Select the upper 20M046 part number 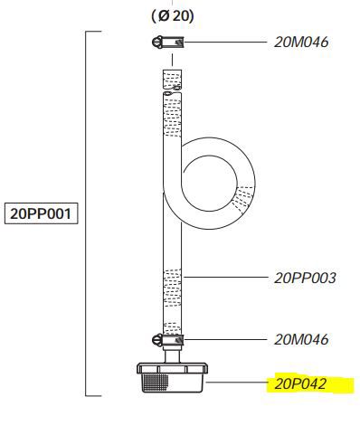(302, 42)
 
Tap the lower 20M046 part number (302, 339)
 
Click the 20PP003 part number (306, 278)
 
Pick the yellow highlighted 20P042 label (301, 383)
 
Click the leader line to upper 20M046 (226, 42)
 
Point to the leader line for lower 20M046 (226, 339)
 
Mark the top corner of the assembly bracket (87, 33)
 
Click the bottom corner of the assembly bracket (87, 395)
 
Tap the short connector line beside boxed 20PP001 (82, 214)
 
